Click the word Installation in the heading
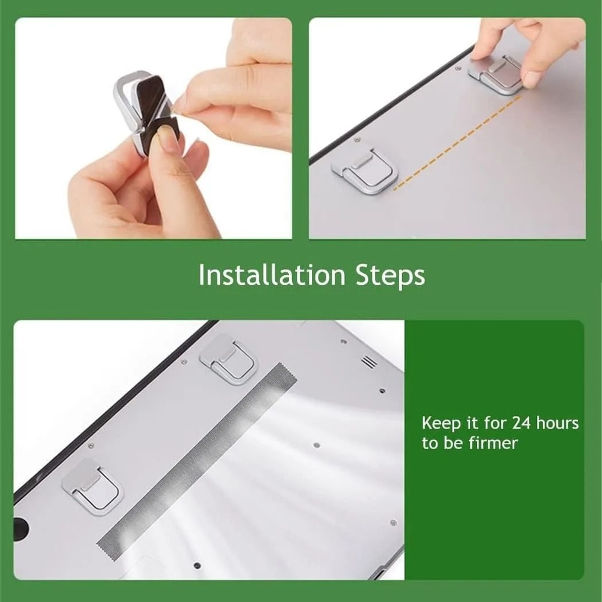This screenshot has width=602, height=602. point(272,275)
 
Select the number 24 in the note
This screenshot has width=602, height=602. point(521,423)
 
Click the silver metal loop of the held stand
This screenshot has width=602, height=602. point(123,90)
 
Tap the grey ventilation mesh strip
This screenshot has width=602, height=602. point(199,461)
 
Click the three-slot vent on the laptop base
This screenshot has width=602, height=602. point(367,362)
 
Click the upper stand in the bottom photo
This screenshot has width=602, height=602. point(229,359)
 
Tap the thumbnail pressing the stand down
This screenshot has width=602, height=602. point(532,78)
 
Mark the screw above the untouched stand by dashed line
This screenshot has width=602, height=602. point(358,140)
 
